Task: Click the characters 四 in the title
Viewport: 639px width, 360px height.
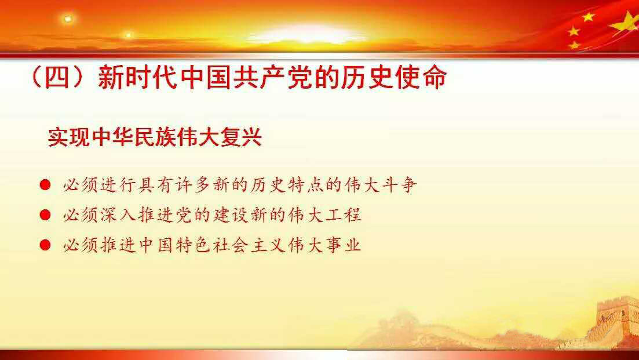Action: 57,77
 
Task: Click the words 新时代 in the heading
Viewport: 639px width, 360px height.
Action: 138,77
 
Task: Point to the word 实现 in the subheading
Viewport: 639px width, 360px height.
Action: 68,137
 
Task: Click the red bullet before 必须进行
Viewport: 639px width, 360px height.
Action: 45,185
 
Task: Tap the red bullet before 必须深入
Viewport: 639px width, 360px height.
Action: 45,215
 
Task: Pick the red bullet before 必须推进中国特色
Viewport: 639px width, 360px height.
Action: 45,245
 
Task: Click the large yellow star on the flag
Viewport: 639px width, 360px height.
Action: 625,24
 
